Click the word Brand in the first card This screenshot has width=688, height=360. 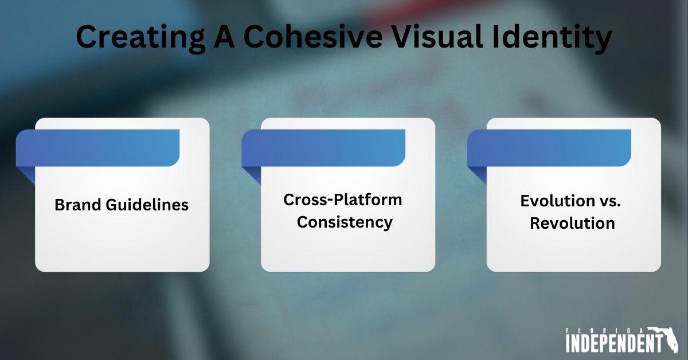click(76, 205)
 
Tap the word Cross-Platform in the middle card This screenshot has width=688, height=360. click(342, 200)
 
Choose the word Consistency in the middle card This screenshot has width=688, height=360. click(345, 222)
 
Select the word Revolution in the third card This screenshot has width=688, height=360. click(572, 223)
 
